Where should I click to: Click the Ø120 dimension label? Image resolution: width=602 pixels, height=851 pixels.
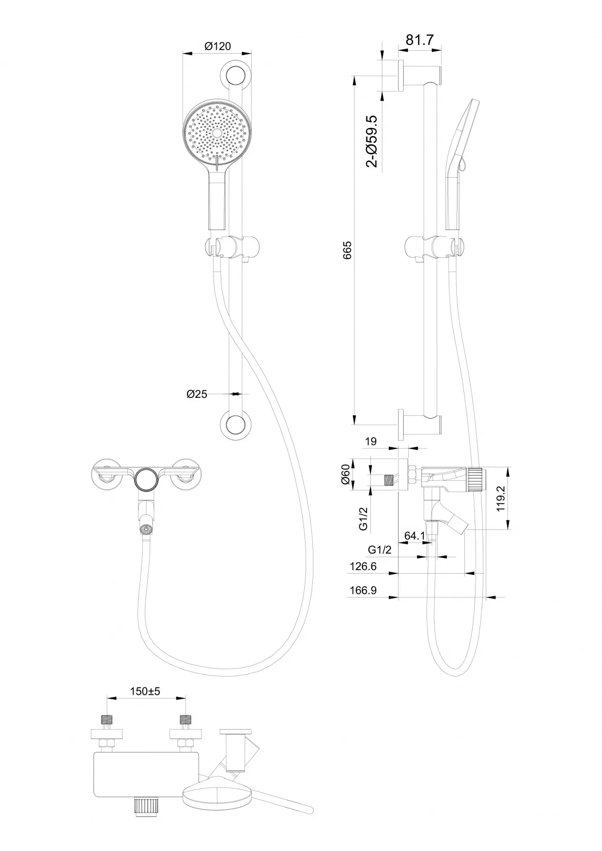tap(218, 46)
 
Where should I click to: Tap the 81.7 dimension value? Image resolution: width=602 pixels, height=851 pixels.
tap(420, 40)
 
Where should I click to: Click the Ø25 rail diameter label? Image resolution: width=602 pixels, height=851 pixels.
tap(197, 394)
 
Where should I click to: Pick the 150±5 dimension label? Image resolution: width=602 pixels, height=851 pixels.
tap(145, 691)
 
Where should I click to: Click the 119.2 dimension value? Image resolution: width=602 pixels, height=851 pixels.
tap(500, 499)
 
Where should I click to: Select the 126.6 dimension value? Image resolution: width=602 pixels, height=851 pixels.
tap(363, 566)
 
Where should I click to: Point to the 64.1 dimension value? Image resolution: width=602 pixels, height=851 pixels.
tap(415, 536)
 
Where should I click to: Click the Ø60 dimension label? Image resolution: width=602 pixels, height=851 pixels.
tap(345, 474)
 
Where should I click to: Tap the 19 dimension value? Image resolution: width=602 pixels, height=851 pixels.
tap(371, 441)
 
